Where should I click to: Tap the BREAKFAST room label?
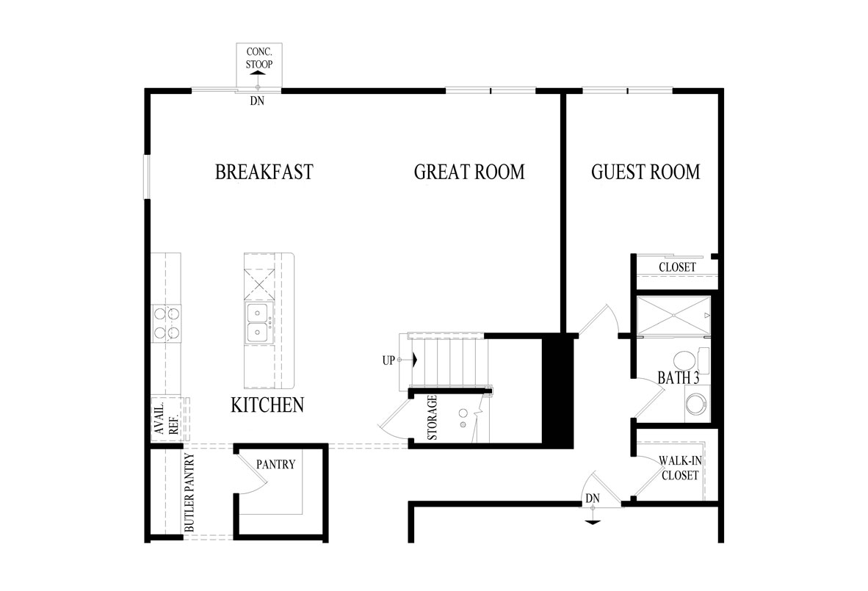tap(264, 173)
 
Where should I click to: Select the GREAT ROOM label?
tap(469, 173)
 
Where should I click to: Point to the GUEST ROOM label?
tap(645, 173)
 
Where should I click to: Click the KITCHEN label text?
tap(267, 405)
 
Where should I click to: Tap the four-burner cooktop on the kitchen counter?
tap(166, 324)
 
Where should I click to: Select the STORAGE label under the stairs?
tap(433, 418)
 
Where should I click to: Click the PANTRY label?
tap(275, 464)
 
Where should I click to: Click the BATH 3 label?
tap(674, 380)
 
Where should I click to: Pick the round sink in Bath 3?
tap(695, 405)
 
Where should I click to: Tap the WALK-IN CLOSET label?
tap(680, 468)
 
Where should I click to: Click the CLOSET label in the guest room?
tap(677, 267)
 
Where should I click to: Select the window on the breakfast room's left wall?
tap(146, 176)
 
